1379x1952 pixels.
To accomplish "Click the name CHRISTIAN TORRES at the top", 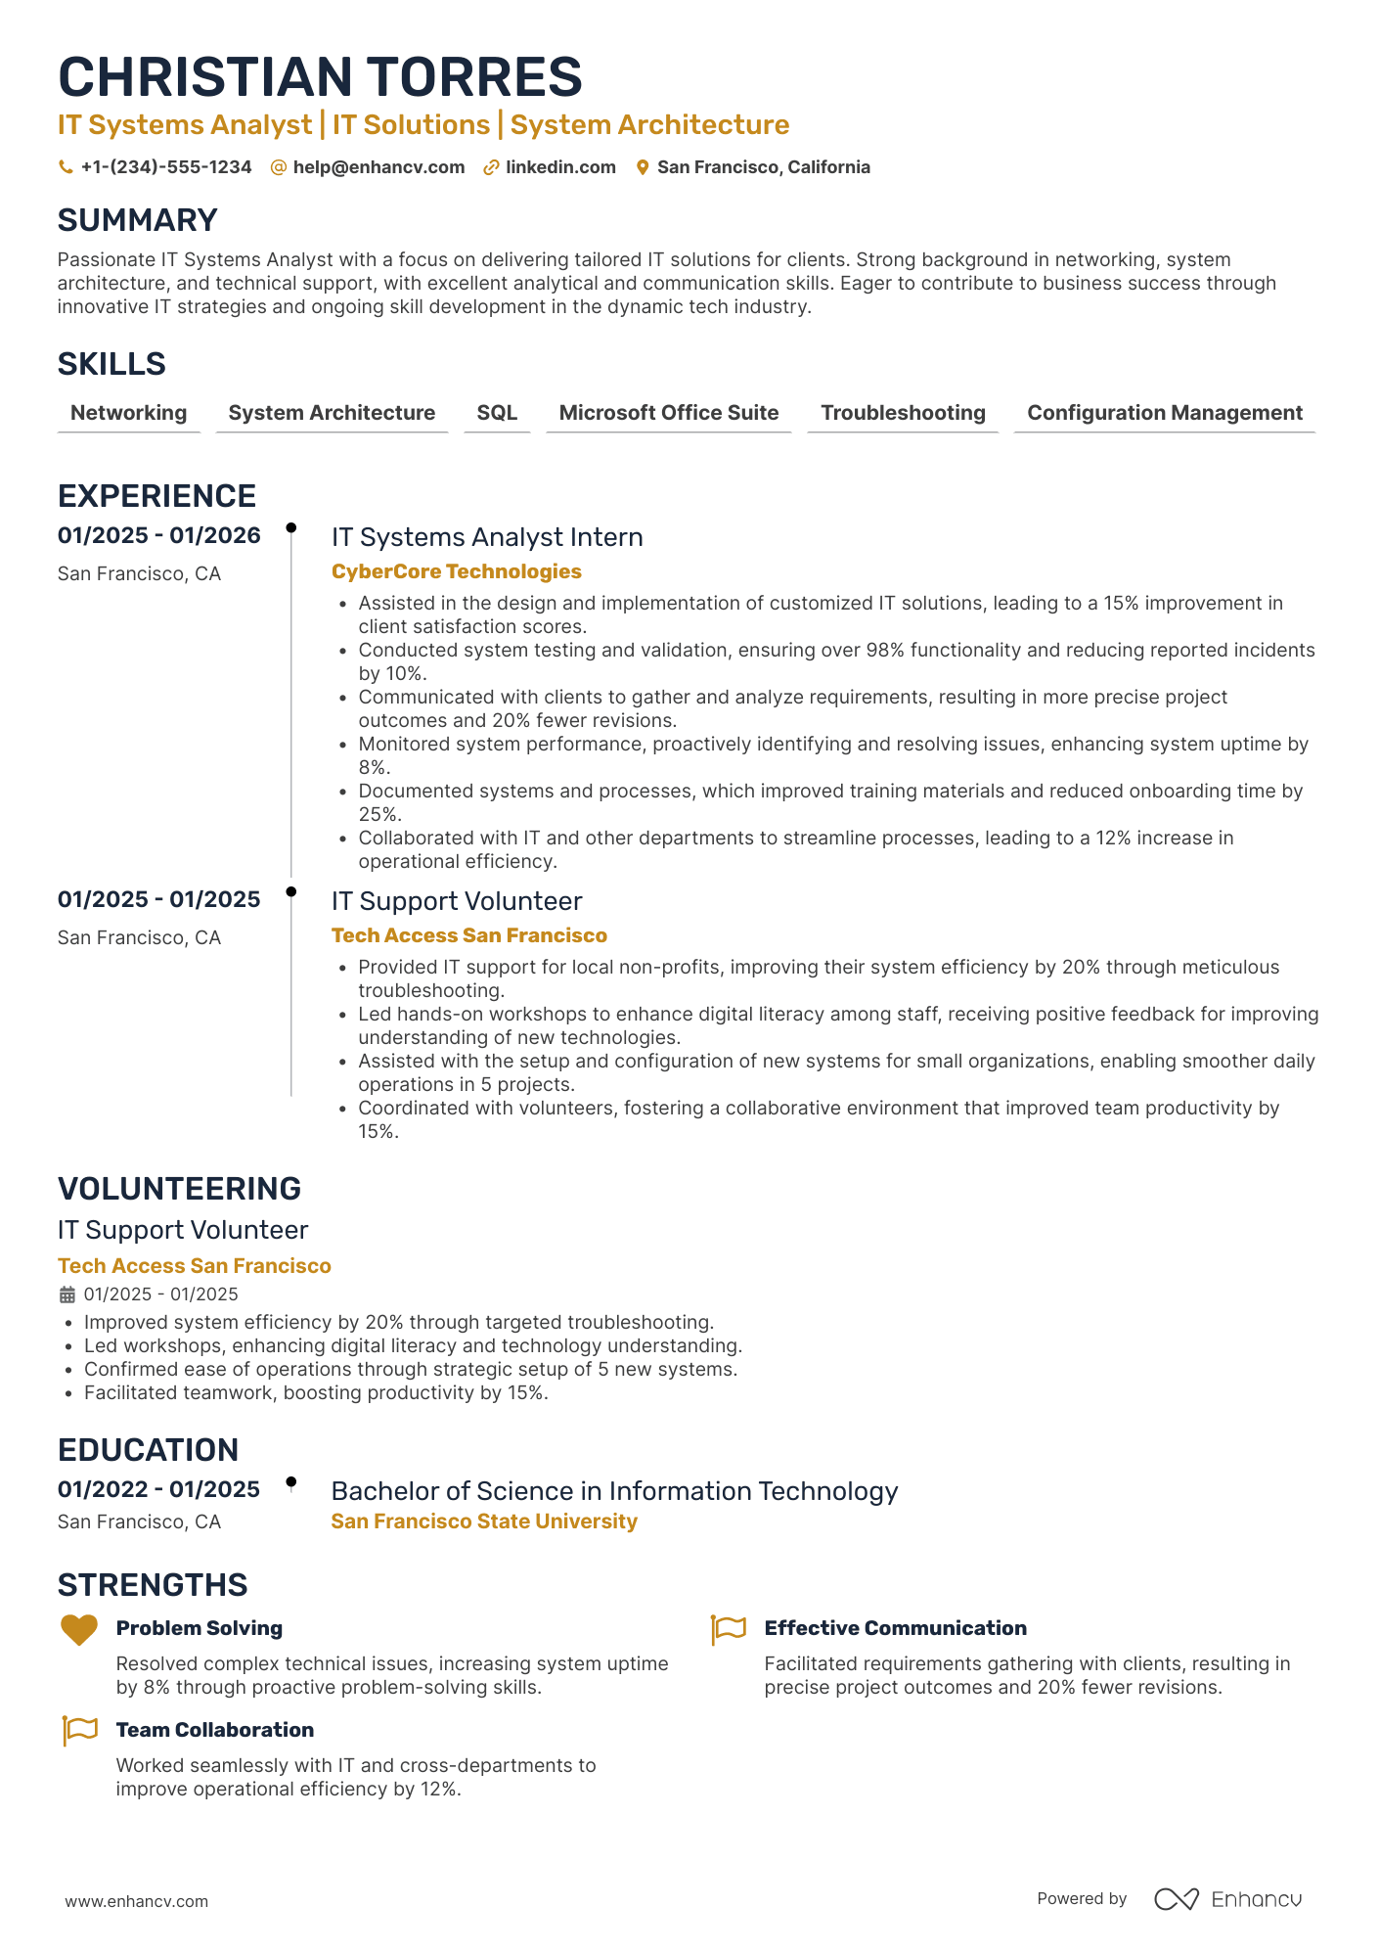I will pyautogui.click(x=320, y=77).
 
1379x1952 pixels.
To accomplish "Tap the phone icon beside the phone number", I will pyautogui.click(x=66, y=167).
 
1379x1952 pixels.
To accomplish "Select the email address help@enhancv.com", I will pyautogui.click(x=378, y=167).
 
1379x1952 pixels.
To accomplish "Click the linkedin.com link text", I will pyautogui.click(x=560, y=167).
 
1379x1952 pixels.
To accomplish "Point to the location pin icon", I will pyautogui.click(x=643, y=167).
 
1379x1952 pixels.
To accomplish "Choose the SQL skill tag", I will pyautogui.click(x=497, y=413).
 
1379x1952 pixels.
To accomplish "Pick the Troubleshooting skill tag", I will pyautogui.click(x=903, y=413).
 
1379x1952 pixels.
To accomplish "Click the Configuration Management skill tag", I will pyautogui.click(x=1164, y=413).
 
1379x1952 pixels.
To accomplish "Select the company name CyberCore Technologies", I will pyautogui.click(x=456, y=571).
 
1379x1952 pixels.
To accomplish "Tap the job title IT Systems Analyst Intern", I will pyautogui.click(x=487, y=537).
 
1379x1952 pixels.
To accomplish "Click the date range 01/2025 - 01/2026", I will pyautogui.click(x=159, y=535).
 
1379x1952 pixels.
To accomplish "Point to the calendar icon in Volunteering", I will pyautogui.click(x=67, y=1294).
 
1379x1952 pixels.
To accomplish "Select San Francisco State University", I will pyautogui.click(x=484, y=1521).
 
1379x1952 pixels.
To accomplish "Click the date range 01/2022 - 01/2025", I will pyautogui.click(x=158, y=1489).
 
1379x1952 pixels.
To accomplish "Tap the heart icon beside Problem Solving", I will pyautogui.click(x=79, y=1629).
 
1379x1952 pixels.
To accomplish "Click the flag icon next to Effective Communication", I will pyautogui.click(x=729, y=1629).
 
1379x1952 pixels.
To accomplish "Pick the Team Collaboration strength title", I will pyautogui.click(x=215, y=1730).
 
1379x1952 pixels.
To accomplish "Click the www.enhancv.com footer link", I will pyautogui.click(x=137, y=1901).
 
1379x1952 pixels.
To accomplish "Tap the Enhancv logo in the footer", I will pyautogui.click(x=1227, y=1899).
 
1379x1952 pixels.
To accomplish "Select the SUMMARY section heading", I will pyautogui.click(x=138, y=220).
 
